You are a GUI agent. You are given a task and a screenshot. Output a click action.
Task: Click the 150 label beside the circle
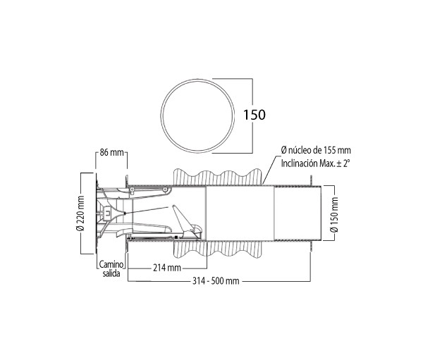pyautogui.click(x=255, y=115)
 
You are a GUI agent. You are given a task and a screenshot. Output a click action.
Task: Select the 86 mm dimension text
pyautogui.click(x=111, y=152)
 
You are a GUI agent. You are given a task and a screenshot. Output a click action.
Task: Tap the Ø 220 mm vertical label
pyautogui.click(x=80, y=213)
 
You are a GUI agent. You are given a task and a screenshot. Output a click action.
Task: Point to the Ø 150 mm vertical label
pyautogui.click(x=334, y=215)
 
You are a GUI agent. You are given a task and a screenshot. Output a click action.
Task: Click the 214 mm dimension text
pyautogui.click(x=167, y=268)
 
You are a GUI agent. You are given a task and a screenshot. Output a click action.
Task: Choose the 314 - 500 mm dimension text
pyautogui.click(x=216, y=281)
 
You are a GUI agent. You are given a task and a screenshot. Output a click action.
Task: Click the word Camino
pyautogui.click(x=111, y=264)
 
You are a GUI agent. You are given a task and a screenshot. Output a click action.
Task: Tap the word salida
pyautogui.click(x=111, y=273)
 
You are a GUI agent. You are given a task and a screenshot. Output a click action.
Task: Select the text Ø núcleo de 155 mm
pyautogui.click(x=316, y=150)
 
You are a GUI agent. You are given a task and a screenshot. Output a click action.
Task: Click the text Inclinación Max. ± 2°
pyautogui.click(x=315, y=163)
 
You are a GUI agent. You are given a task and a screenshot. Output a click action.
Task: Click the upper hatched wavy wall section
pyautogui.click(x=217, y=177)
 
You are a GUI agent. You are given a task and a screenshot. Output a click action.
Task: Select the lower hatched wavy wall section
pyautogui.click(x=217, y=249)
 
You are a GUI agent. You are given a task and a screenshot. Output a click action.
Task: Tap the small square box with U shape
pyautogui.click(x=107, y=213)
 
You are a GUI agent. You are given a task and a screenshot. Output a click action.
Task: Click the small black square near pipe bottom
pyautogui.click(x=176, y=237)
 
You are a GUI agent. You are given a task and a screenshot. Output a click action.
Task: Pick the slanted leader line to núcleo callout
pyautogui.click(x=269, y=170)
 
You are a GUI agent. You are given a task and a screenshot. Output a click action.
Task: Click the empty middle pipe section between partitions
pyautogui.click(x=240, y=213)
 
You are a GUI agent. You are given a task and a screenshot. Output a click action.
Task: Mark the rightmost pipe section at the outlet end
pyautogui.click(x=298, y=213)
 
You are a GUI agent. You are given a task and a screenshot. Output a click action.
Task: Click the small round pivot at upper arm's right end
pyautogui.click(x=164, y=190)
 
